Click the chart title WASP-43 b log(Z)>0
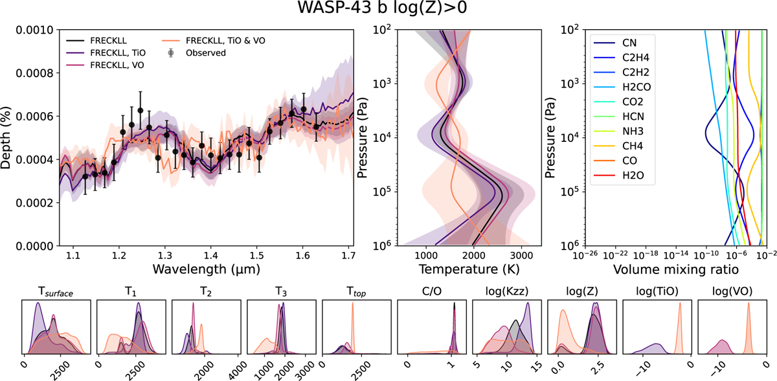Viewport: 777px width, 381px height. [388, 11]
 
